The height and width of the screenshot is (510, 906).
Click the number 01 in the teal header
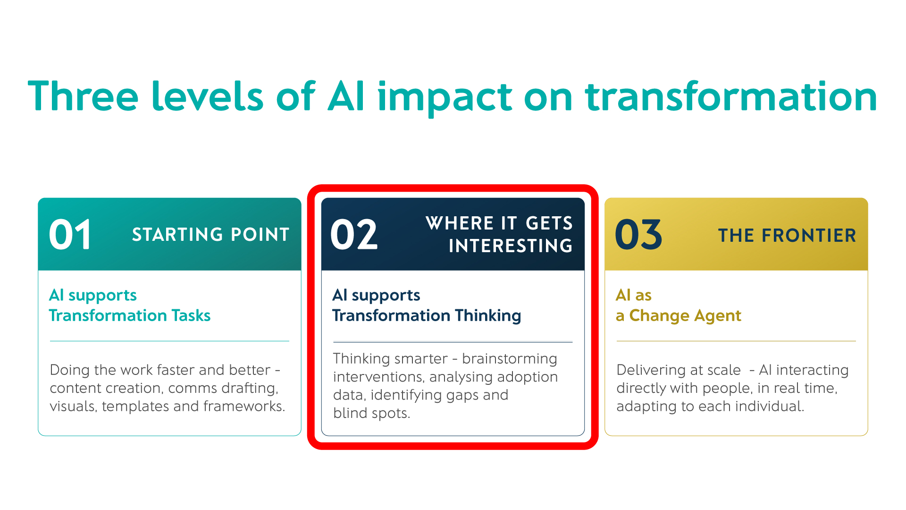pos(70,235)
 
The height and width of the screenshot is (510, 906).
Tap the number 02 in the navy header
pos(354,235)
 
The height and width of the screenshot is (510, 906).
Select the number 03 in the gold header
pos(638,235)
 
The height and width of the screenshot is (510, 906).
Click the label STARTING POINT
pos(210,235)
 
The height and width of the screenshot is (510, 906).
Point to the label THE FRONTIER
pos(787,235)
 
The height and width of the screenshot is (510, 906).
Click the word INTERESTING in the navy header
pos(511,246)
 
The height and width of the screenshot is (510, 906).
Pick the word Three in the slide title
pos(83,96)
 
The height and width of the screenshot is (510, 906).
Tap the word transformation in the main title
pos(731,96)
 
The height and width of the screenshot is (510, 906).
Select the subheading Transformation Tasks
pos(130,315)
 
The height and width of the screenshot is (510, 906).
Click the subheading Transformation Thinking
pos(427,315)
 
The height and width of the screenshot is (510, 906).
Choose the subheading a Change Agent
pos(679,315)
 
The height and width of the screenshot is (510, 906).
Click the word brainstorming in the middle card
pos(510,359)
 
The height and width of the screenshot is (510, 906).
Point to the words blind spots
pos(371,413)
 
